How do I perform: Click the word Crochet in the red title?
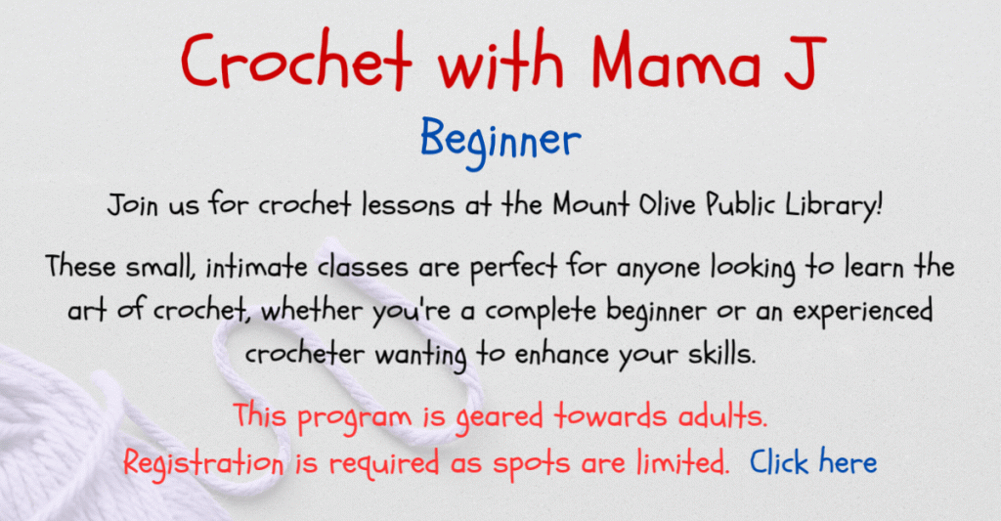point(295,61)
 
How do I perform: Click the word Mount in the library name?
point(591,204)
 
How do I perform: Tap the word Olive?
point(666,204)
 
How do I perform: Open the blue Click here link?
point(813,461)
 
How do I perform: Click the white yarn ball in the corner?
point(58,441)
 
